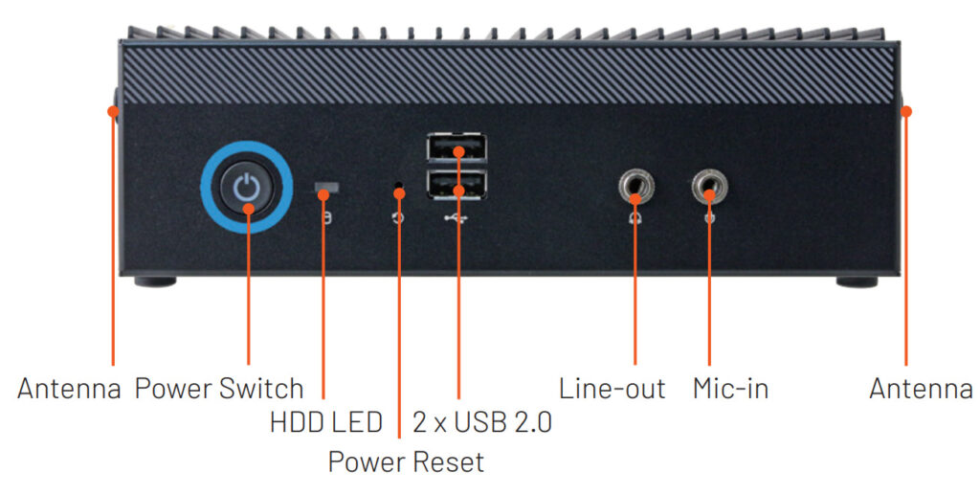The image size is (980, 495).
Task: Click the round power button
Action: click(246, 188)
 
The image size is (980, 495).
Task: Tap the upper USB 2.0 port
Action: click(457, 148)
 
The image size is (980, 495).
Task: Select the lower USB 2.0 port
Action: click(457, 185)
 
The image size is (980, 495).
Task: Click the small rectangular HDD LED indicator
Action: click(327, 187)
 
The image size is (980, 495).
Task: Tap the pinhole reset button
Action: click(399, 186)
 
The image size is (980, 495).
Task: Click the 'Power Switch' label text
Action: click(219, 389)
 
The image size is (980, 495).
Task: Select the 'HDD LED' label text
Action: click(325, 422)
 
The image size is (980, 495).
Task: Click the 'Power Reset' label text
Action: click(406, 461)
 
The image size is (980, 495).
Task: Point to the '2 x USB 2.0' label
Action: click(482, 422)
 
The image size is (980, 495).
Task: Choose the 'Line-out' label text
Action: click(612, 389)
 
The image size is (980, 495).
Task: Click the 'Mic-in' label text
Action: click(730, 389)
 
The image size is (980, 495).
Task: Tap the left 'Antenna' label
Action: click(69, 389)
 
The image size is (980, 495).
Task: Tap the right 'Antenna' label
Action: click(921, 389)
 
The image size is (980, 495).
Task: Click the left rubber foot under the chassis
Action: click(155, 281)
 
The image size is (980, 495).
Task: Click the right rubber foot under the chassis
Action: click(857, 281)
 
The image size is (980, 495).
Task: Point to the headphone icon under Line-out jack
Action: click(635, 218)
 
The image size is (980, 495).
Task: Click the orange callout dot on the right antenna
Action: click(906, 111)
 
